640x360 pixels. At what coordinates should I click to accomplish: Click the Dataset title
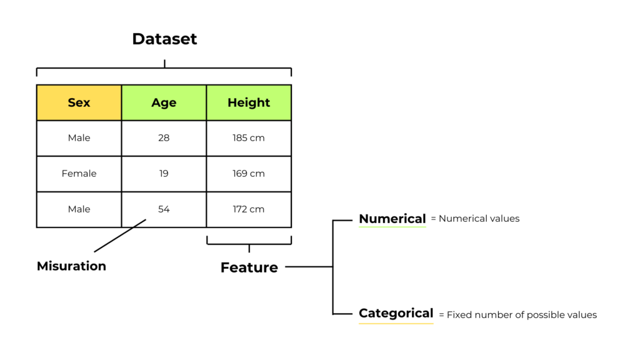[x=164, y=39]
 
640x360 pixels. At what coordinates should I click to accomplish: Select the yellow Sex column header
[x=79, y=102]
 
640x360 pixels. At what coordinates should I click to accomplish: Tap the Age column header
[x=164, y=102]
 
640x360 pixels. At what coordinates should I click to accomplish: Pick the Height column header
[x=249, y=102]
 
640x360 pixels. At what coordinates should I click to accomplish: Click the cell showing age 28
[x=164, y=138]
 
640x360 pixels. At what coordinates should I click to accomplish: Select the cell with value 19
[x=164, y=174]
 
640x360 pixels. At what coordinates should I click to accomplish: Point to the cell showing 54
[x=164, y=209]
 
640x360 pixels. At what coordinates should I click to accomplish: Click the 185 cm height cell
[x=249, y=138]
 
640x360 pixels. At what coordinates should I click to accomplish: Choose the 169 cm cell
[x=249, y=174]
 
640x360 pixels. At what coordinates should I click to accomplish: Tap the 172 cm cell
[x=249, y=209]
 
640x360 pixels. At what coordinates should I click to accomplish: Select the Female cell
[x=79, y=174]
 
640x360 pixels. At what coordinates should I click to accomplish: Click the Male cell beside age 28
[x=79, y=138]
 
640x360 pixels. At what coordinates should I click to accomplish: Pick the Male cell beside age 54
[x=79, y=209]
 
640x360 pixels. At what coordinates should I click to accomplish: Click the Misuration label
[x=71, y=266]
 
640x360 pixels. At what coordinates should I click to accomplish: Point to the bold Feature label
[x=249, y=267]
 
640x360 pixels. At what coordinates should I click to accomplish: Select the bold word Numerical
[x=392, y=219]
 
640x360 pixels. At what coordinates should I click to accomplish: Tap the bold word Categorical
[x=396, y=314]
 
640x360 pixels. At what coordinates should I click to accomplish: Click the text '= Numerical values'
[x=476, y=219]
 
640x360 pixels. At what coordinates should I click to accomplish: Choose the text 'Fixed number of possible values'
[x=522, y=315]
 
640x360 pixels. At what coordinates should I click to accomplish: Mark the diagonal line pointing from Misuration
[x=120, y=236]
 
